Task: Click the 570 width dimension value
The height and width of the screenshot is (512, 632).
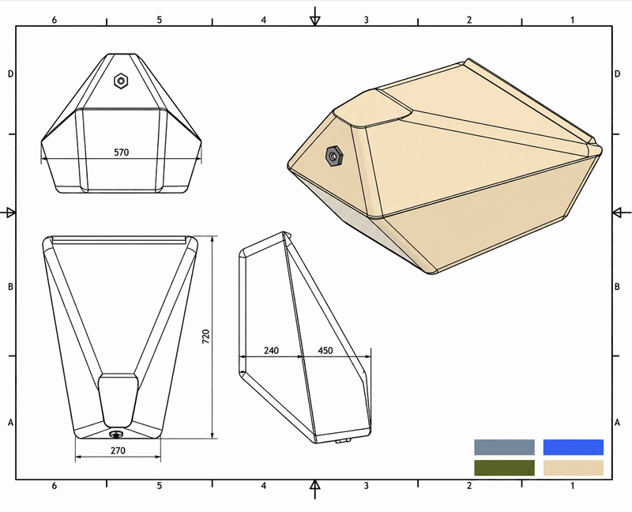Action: point(122,152)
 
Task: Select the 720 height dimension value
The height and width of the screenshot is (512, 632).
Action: point(205,337)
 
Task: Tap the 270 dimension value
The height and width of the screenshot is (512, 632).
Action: point(118,450)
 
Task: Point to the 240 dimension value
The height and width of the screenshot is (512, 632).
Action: point(271,350)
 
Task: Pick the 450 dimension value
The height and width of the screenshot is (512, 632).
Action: point(325,350)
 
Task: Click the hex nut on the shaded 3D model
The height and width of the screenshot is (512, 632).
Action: point(334,156)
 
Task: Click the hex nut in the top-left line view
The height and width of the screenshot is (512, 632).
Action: point(121,81)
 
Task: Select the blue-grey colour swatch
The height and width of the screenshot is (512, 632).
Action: point(504,447)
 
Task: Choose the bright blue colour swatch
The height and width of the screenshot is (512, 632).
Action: point(574,447)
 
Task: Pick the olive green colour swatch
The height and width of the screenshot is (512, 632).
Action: point(504,468)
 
